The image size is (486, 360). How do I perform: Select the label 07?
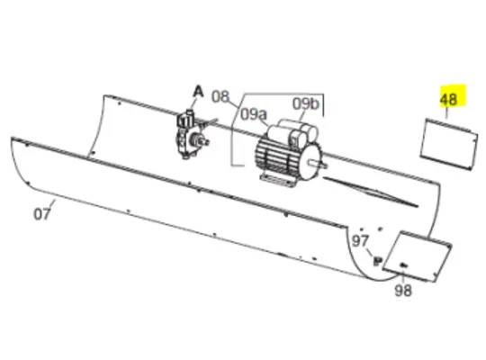click(41, 214)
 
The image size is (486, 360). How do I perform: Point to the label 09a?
click(256, 114)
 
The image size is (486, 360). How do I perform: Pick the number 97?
click(361, 241)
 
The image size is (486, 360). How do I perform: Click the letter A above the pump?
click(198, 89)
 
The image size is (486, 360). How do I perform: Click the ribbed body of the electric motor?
click(274, 154)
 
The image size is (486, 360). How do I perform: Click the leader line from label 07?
click(52, 205)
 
